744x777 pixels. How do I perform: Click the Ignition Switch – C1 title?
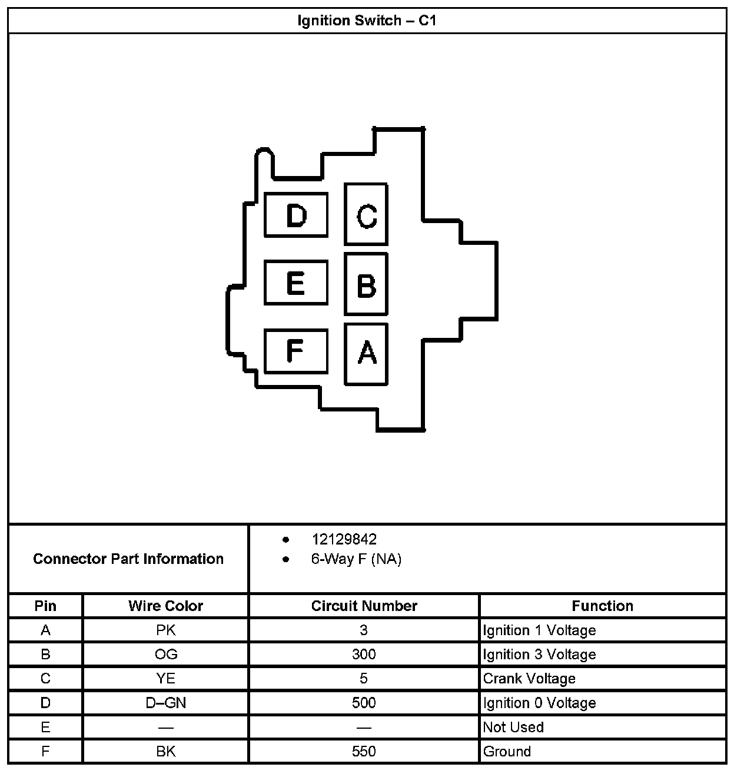pos(367,21)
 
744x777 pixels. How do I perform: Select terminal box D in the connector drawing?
pos(296,215)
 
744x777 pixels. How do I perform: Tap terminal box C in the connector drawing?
pos(366,215)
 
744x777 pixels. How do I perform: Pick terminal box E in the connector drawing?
pos(296,283)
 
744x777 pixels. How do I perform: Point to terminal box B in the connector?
pos(366,285)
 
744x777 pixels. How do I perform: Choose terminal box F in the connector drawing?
pos(296,351)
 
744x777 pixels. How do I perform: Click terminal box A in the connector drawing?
pos(366,354)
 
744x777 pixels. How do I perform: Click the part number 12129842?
pos(344,539)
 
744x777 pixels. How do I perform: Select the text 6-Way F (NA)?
pos(356,559)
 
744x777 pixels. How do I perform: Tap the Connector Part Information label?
pos(128,559)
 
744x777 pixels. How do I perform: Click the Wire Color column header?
pos(165,606)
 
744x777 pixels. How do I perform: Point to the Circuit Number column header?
pos(364,606)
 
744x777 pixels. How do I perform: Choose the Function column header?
pos(602,606)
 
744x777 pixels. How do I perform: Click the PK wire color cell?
pos(165,630)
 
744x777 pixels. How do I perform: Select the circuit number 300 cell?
pos(364,655)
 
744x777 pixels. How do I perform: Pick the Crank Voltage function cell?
pos(529,679)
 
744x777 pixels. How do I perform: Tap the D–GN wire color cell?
pos(165,703)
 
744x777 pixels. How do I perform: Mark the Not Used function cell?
pos(513,728)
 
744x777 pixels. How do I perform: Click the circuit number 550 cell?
pos(364,752)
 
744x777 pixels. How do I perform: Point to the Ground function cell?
pos(507,752)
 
